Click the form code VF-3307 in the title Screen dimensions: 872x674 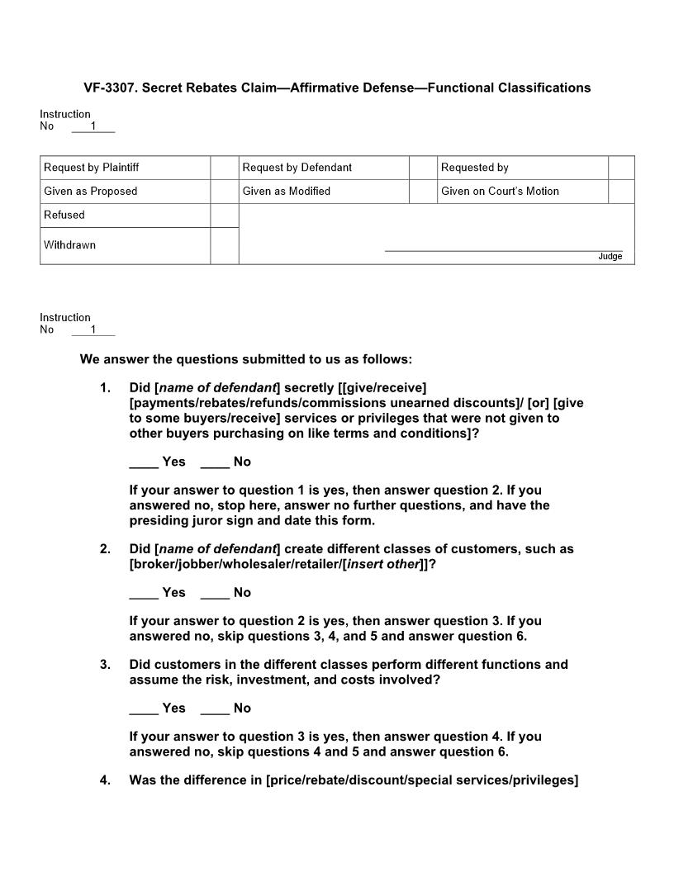109,88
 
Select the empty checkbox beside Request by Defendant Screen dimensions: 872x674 422,168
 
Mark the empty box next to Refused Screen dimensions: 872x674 224,216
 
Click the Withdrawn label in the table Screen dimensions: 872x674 70,245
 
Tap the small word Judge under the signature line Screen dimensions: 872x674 610,257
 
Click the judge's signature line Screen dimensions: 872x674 503,249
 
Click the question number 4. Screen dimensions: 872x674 105,780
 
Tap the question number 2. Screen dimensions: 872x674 105,549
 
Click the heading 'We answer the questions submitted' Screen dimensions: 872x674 245,360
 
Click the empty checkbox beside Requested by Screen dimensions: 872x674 620,168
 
